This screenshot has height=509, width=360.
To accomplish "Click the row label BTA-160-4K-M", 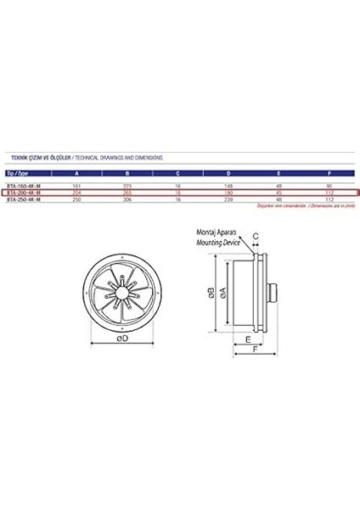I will (x=22, y=185).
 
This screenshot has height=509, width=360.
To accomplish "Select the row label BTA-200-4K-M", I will (x=22, y=193).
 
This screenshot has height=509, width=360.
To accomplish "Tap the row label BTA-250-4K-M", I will (x=22, y=200).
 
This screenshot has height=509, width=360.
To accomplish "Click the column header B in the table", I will (x=127, y=172).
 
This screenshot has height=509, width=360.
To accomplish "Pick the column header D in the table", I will (x=228, y=172).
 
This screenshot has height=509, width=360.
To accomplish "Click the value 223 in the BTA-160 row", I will (x=127, y=185).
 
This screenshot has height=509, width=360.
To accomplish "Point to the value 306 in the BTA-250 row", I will (x=127, y=200).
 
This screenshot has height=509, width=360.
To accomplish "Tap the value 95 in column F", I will (x=328, y=185).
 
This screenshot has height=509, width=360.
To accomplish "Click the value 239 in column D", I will (x=228, y=200).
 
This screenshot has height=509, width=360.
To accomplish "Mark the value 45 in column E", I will (x=278, y=193).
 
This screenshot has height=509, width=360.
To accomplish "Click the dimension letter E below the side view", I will (x=247, y=337).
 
